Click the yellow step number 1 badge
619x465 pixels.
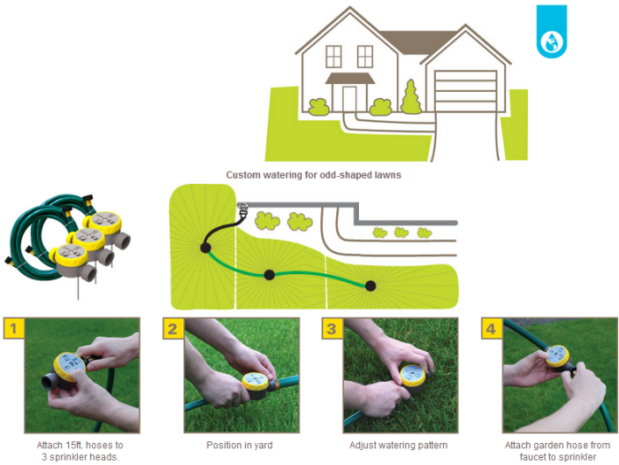click(x=13, y=328)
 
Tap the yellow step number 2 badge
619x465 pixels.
click(x=173, y=329)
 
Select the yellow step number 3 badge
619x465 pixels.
click(x=332, y=329)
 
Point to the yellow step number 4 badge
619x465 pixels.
click(x=492, y=329)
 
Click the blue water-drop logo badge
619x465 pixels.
click(x=552, y=32)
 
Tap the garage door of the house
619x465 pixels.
click(x=465, y=91)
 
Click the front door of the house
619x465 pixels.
click(x=349, y=99)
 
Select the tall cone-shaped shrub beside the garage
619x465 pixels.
click(x=411, y=97)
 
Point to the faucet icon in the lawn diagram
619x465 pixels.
click(x=243, y=210)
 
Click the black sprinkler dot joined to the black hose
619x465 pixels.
click(x=205, y=248)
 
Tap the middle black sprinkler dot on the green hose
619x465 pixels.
click(x=269, y=275)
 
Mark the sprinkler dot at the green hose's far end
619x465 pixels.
click(x=371, y=286)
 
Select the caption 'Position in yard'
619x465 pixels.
click(x=240, y=446)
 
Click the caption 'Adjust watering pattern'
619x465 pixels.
click(x=398, y=446)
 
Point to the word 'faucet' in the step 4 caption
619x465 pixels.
click(x=532, y=457)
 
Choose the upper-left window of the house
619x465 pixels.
click(x=333, y=57)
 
